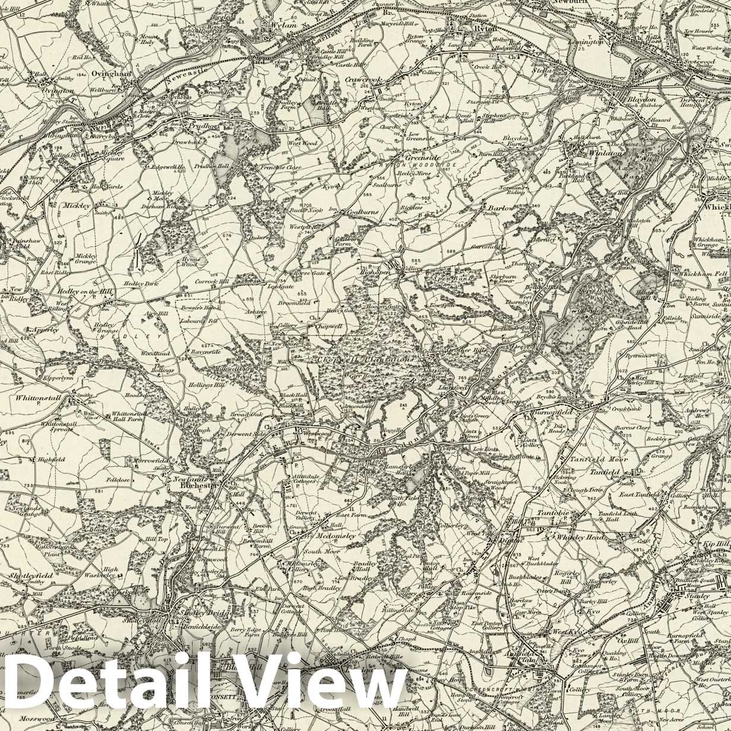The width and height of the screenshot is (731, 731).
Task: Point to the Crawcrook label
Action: pos(363,80)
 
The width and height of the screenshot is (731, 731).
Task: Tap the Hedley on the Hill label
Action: pos(85,292)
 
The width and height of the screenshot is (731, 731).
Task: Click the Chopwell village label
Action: pos(330,327)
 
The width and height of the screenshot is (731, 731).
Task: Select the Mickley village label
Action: pos(78,205)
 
